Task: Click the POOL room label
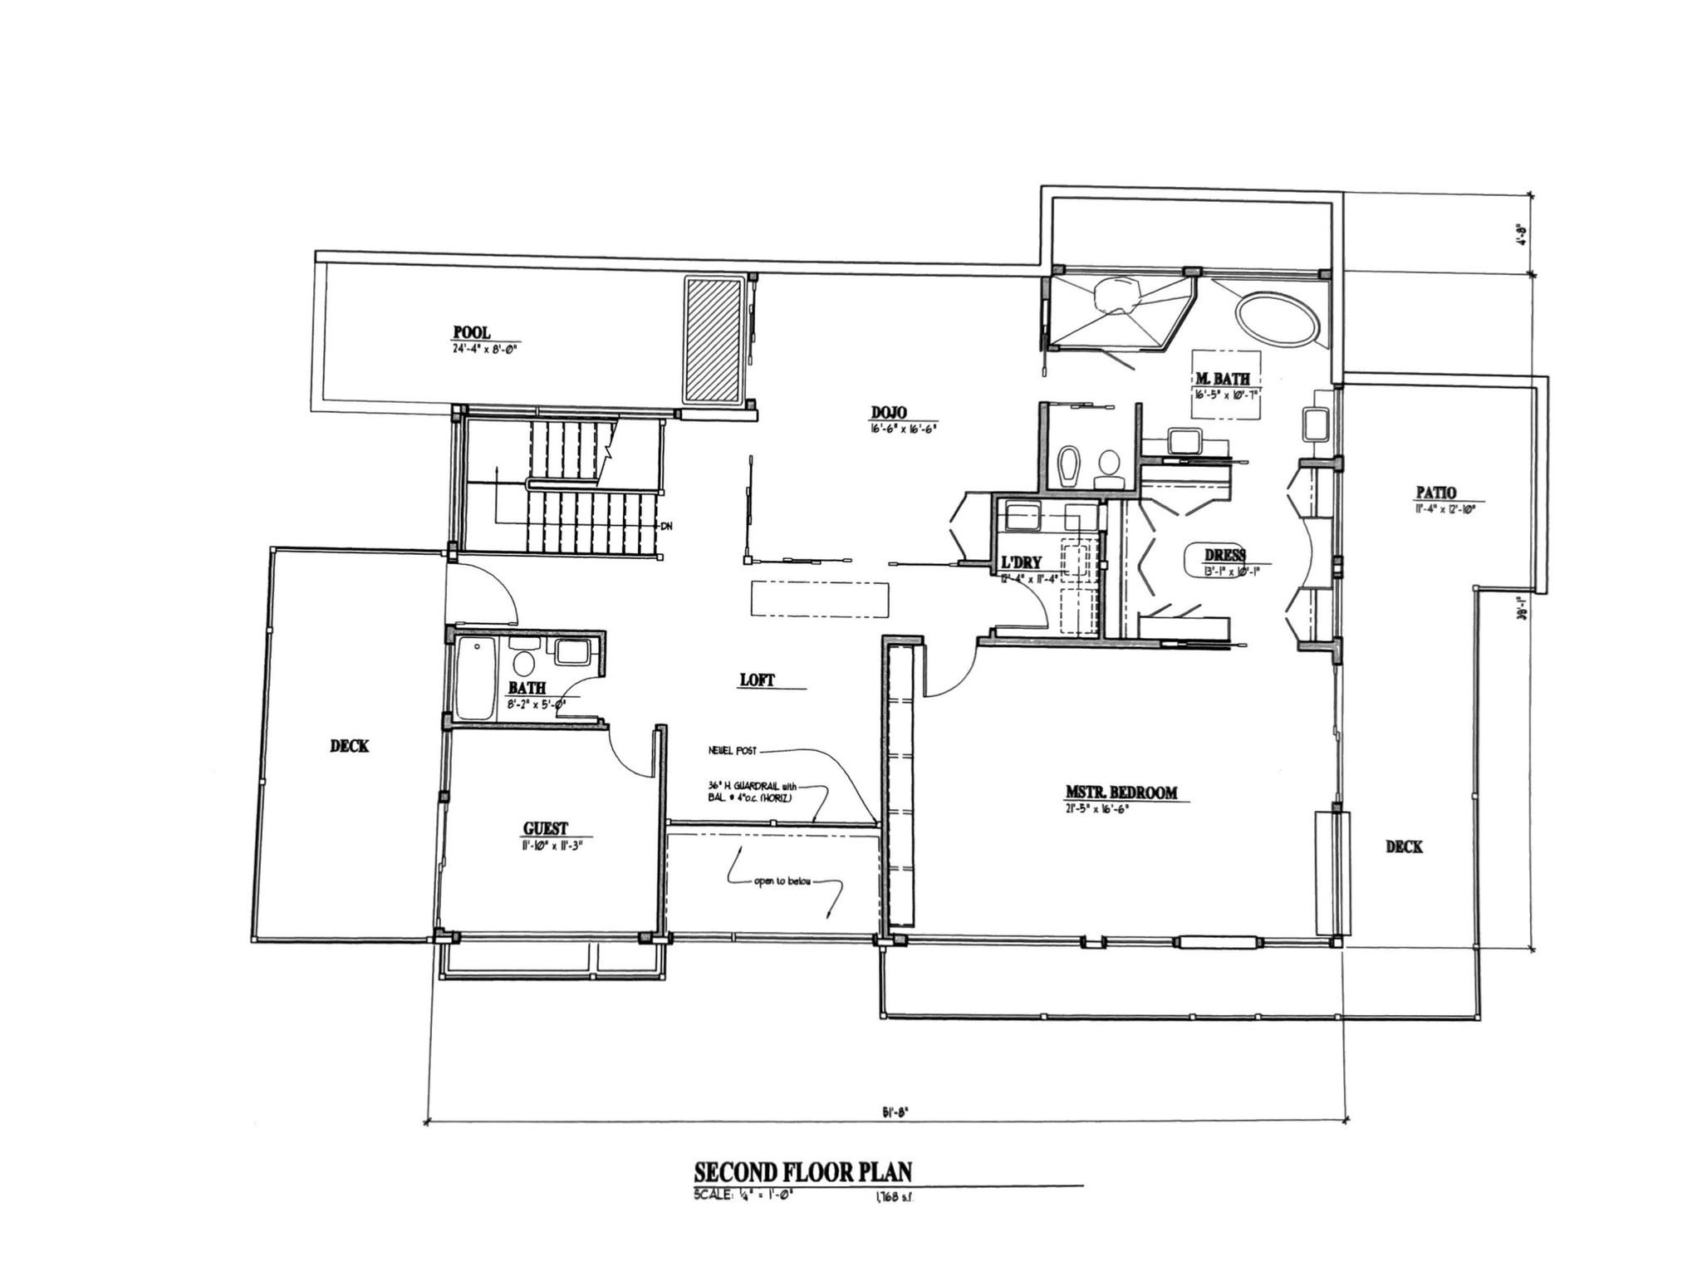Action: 472,333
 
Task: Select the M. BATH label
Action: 1222,380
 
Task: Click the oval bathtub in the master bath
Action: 1277,319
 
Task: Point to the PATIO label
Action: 1435,493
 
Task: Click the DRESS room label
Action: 1225,555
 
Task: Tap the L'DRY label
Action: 1021,562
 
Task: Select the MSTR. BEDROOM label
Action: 1121,793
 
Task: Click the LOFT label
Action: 757,680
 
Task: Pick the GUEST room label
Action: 546,828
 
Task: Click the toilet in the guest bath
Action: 524,662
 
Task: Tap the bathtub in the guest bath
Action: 475,680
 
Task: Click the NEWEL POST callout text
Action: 732,751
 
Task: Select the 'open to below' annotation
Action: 782,881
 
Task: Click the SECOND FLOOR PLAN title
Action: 802,1171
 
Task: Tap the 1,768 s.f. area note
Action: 893,1197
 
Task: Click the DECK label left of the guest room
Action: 350,746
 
